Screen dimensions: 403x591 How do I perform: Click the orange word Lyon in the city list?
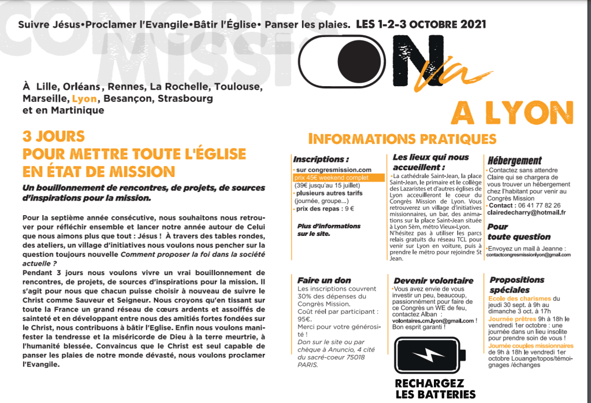84,99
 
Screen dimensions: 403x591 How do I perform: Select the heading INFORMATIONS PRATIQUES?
403,139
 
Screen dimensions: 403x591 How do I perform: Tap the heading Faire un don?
324,280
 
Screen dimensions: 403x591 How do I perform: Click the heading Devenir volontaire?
433,280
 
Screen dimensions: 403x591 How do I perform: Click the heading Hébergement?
514,161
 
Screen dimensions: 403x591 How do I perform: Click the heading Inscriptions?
321,159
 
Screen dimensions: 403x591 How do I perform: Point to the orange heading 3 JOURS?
54,137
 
